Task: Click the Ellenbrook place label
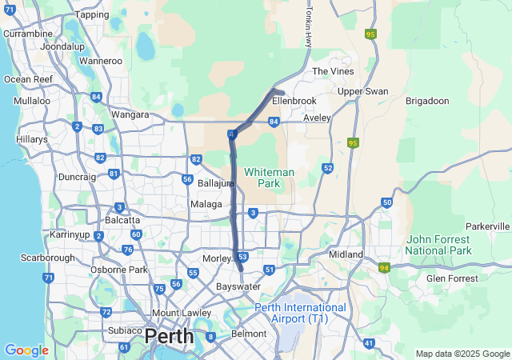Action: [x=294, y=102]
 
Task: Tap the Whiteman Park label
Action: [x=269, y=178]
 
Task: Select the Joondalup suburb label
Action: [x=62, y=46]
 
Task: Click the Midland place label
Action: [x=346, y=254]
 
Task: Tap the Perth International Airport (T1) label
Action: [x=300, y=313]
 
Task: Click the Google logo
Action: [x=26, y=350]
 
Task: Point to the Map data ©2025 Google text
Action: [x=462, y=354]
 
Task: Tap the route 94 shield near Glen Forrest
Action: [x=385, y=267]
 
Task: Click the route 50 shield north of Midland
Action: [x=386, y=202]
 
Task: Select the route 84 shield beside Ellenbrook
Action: [x=274, y=122]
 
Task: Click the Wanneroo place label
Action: [x=101, y=60]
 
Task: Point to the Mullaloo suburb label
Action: [x=31, y=102]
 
